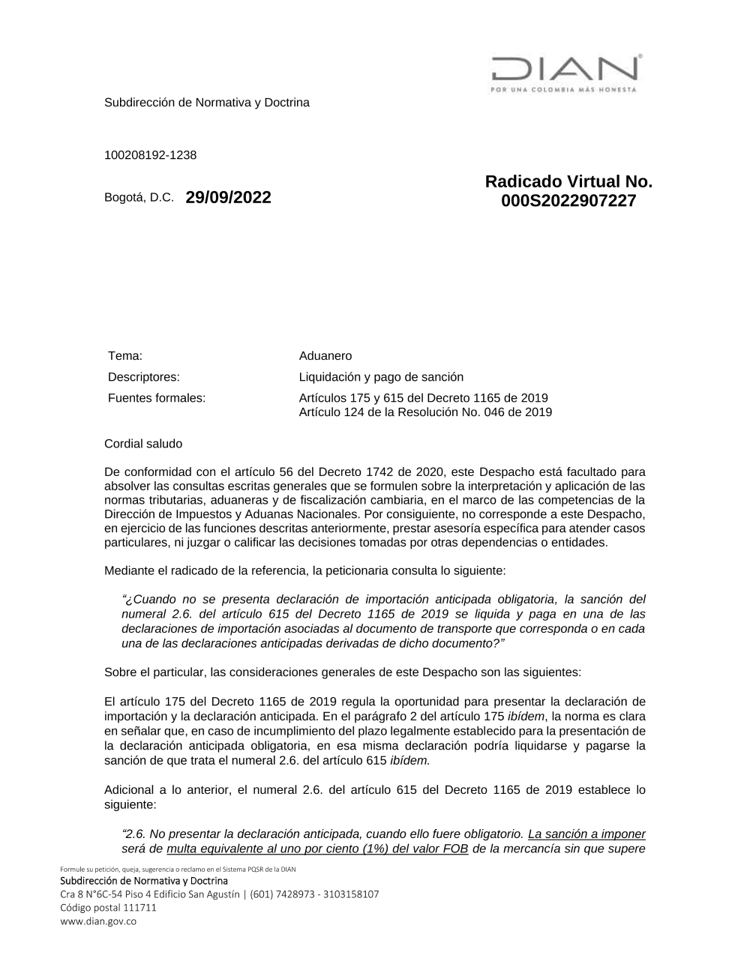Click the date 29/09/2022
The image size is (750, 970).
[228, 198]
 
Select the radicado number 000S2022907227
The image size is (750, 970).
[568, 201]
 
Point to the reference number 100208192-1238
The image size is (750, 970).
[150, 155]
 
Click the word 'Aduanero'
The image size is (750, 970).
[325, 356]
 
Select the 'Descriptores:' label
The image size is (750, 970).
[143, 377]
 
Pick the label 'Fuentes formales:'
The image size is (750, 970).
[156, 398]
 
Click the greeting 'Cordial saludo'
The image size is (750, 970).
[143, 444]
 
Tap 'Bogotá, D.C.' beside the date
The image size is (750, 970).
[139, 199]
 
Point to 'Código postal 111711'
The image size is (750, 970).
[108, 908]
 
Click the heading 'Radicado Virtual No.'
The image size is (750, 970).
[568, 181]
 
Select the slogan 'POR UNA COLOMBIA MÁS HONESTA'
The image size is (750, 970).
[562, 90]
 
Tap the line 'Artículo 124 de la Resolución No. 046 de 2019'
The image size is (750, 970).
[425, 412]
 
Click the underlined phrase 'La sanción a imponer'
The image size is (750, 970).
[586, 834]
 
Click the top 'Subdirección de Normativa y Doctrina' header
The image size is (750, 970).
[206, 103]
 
